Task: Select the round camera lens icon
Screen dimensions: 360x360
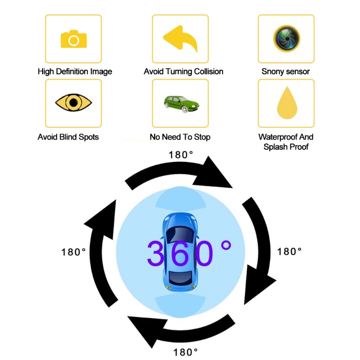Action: (x=286, y=39)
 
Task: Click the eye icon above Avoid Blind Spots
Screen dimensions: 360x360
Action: (x=73, y=103)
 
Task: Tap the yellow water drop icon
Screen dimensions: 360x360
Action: (x=286, y=103)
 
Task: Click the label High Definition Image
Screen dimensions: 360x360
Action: (x=75, y=72)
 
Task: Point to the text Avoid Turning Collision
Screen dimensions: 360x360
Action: (x=183, y=72)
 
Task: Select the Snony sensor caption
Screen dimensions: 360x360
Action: (x=285, y=72)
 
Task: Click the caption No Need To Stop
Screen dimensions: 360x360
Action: (x=180, y=137)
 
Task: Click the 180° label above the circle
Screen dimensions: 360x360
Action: (x=181, y=154)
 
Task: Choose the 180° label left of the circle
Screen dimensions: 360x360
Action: (x=73, y=252)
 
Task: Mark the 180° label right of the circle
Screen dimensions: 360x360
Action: (x=289, y=252)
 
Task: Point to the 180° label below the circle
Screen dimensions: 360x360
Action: (x=185, y=352)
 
